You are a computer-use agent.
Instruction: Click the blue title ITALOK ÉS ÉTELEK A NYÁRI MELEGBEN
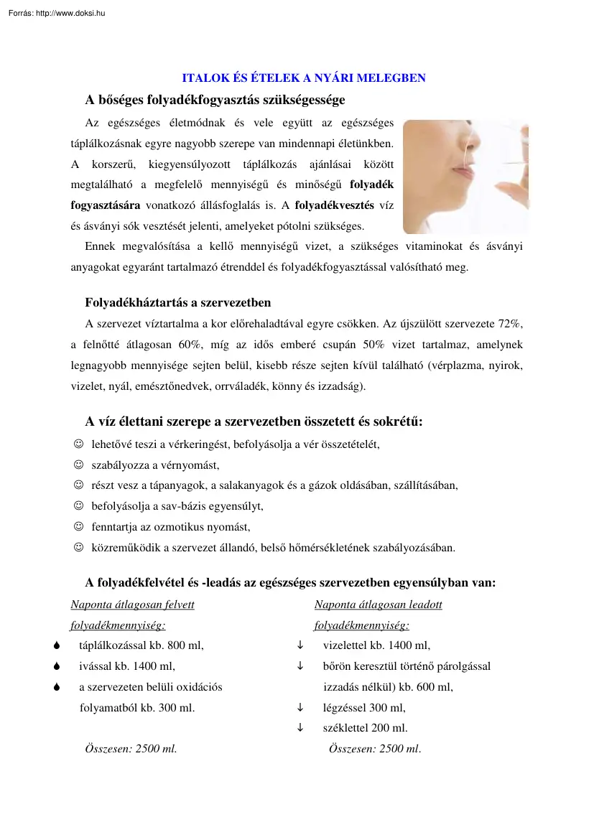pos(304,78)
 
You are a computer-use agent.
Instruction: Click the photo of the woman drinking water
pos(465,177)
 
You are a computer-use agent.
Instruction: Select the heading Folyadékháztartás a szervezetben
pos(178,302)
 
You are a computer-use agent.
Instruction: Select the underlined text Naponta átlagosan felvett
pos(132,605)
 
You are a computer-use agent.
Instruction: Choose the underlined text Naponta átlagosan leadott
pos(378,605)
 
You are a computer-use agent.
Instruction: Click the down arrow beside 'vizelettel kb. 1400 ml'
pos(300,645)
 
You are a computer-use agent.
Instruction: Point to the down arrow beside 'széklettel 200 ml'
pos(300,728)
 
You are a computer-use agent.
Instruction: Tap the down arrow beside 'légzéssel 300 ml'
pos(300,707)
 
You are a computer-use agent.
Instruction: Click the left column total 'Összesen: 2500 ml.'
pos(131,749)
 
